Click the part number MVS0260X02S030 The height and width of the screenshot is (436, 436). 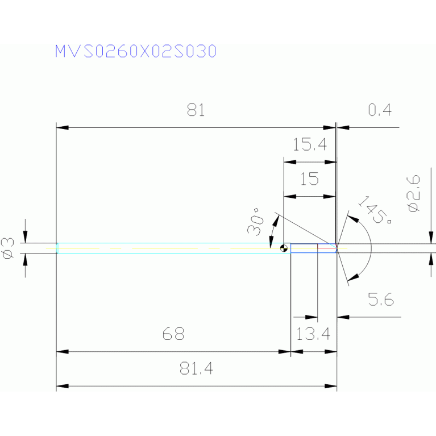point(136,51)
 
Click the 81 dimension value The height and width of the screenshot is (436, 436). point(196,110)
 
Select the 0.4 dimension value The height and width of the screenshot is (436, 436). point(380,110)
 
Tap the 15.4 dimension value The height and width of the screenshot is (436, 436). point(310,144)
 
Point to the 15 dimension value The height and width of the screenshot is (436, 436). point(309,179)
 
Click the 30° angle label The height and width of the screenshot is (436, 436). point(256,222)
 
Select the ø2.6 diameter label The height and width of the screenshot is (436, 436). point(413,193)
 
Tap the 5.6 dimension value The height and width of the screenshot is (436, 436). point(381,300)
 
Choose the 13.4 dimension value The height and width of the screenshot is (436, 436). point(313,334)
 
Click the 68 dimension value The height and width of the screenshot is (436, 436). point(173,334)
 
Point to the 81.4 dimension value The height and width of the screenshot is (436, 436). point(196,368)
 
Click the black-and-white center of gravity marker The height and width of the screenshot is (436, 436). point(284,248)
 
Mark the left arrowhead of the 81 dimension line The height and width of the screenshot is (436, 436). point(63,128)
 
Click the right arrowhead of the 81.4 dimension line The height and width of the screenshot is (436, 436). point(331,386)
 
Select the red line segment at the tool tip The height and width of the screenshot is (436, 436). point(327,247)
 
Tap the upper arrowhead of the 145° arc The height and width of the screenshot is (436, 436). point(353,218)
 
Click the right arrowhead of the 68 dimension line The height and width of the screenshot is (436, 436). point(284,352)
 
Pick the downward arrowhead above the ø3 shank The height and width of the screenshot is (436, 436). point(26,237)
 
